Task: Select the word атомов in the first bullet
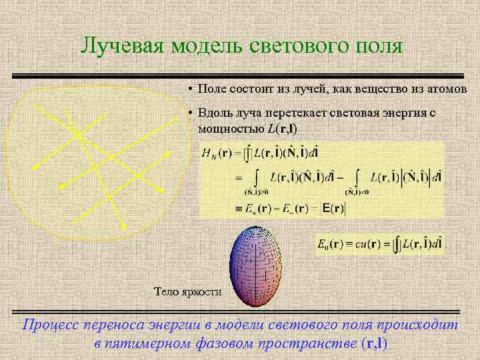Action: pos(448,89)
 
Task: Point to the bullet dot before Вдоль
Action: pos(190,114)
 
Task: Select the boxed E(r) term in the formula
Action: pos(333,209)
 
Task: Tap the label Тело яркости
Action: pos(188,291)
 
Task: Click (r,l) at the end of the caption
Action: pos(373,343)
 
